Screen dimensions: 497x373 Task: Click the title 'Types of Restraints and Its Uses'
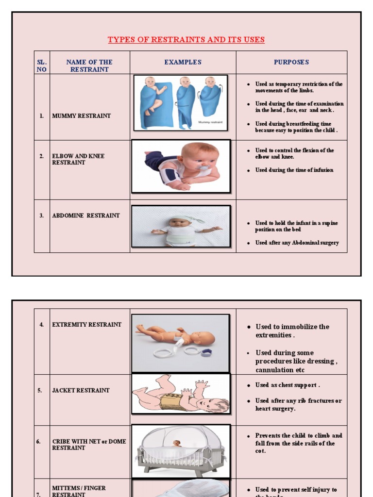(x=186, y=40)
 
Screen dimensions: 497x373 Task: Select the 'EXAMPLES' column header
(x=183, y=62)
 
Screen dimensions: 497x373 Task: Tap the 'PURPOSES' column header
(x=291, y=62)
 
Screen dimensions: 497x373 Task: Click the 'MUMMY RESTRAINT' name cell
(x=81, y=116)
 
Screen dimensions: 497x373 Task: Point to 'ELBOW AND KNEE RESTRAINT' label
(x=78, y=159)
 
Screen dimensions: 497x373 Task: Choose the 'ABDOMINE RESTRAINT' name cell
(x=85, y=215)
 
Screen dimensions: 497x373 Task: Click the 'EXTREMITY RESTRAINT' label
(x=86, y=325)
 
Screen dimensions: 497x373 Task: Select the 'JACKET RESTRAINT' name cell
(x=81, y=390)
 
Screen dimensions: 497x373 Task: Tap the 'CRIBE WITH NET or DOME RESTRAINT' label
(x=89, y=445)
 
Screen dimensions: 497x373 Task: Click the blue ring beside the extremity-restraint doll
(x=207, y=352)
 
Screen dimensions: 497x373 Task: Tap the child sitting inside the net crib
(x=177, y=443)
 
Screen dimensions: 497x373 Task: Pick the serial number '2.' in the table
(x=42, y=156)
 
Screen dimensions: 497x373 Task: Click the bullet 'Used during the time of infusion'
(x=294, y=170)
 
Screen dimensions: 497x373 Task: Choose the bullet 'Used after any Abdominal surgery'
(x=297, y=243)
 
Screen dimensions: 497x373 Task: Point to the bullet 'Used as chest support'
(x=288, y=385)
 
